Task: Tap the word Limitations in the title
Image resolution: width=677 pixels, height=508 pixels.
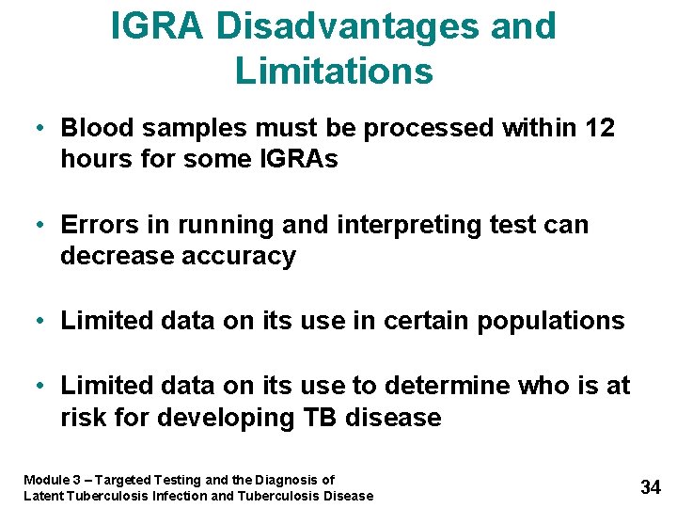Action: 334,71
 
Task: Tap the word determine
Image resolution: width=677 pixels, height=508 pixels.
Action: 449,386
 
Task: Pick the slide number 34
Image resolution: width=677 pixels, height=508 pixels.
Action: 651,486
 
